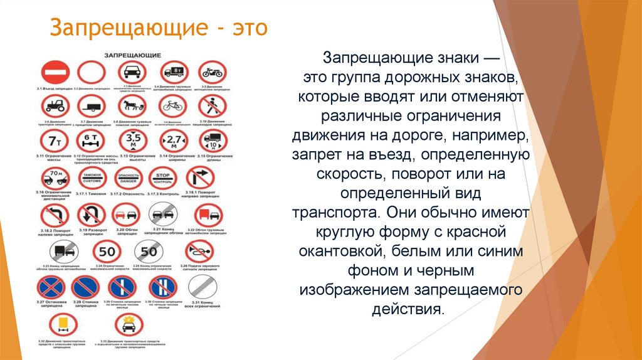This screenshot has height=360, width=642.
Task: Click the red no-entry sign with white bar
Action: coord(53,72)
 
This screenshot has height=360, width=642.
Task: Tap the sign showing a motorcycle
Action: coord(213,72)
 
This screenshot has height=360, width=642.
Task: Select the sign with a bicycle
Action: coord(172,107)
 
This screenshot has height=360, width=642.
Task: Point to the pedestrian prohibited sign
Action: coord(213,107)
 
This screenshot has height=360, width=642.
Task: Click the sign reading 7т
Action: coord(53,141)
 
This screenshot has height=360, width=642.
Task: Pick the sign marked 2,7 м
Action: coord(172,141)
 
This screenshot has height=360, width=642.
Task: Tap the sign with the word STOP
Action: coord(163,178)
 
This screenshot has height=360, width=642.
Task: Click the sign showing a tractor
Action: coord(53,107)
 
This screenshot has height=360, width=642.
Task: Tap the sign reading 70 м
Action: coord(53,178)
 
